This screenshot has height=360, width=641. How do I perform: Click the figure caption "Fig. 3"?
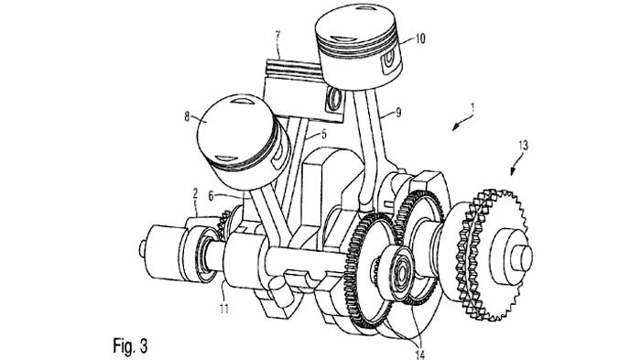click(130, 346)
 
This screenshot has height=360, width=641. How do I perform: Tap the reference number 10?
click(419, 38)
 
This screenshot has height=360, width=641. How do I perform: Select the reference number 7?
click(278, 36)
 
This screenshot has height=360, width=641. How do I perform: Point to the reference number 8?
click(187, 117)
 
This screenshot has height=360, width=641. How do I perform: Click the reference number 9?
click(398, 113)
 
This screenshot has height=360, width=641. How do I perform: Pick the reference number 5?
click(324, 134)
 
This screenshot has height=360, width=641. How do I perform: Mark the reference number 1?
click(473, 108)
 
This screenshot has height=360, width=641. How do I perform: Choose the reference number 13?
click(523, 146)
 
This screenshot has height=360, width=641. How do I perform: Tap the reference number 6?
click(211, 196)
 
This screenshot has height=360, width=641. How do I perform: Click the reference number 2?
click(195, 192)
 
